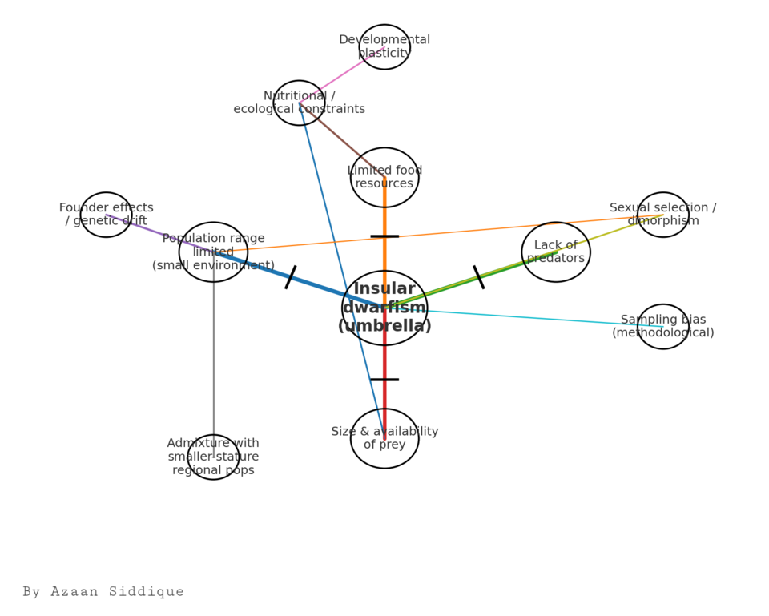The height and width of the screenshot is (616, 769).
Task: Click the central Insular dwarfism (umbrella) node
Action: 384,308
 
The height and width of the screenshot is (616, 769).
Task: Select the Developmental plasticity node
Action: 384,47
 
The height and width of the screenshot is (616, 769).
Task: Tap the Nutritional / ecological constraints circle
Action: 299,103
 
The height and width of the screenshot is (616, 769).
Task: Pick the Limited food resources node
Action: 384,177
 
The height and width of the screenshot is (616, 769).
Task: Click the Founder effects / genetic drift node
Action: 107,215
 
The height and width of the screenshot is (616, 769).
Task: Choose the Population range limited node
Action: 213,252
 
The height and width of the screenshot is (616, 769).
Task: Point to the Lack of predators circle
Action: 556,252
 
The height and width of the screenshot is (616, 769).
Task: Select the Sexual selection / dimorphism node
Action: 663,215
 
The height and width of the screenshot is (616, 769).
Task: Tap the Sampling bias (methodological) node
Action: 663,327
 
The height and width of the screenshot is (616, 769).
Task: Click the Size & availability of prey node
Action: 384,438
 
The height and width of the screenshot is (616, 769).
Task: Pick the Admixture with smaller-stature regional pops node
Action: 213,457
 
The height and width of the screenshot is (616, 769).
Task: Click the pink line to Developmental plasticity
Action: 342,75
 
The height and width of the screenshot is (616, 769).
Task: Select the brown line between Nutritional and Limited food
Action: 342,139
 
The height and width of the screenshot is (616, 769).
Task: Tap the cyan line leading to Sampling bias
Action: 524,317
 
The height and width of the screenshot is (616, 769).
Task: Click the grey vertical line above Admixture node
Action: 213,355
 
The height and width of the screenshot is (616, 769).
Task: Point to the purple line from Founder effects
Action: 160,233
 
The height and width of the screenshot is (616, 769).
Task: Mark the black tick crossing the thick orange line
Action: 384,236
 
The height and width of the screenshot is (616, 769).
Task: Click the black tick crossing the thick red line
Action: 384,380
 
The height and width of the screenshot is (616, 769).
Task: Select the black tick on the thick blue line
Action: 291,277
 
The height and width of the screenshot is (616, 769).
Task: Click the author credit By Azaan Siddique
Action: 103,591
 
